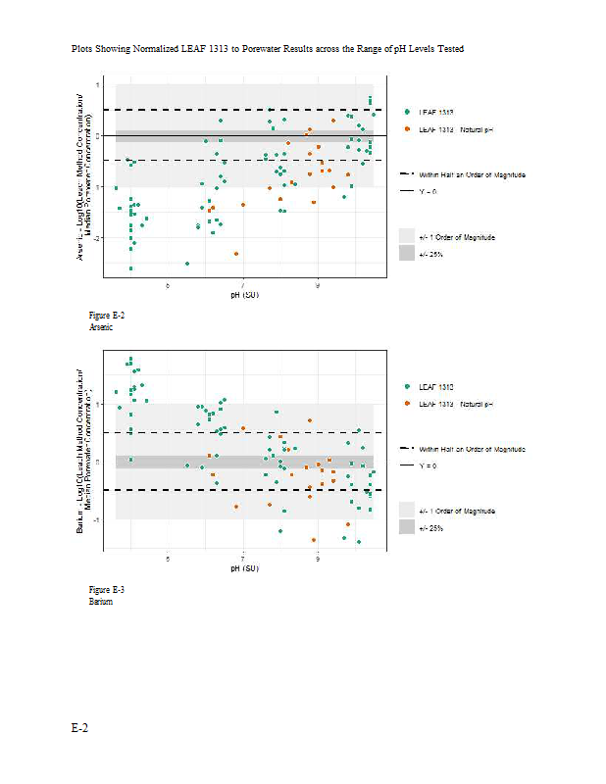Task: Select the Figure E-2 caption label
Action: click(x=107, y=316)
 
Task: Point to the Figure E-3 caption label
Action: click(x=107, y=589)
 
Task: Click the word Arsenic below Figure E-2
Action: click(x=102, y=327)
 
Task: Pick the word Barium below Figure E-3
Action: click(x=101, y=601)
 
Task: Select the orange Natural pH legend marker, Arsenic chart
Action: click(x=407, y=129)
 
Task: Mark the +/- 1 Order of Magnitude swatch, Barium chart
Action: click(x=407, y=511)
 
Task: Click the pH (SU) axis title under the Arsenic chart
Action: click(x=243, y=293)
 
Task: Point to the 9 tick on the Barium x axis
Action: click(x=318, y=559)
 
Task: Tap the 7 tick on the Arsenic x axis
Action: click(x=243, y=284)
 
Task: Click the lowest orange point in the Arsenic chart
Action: click(x=236, y=254)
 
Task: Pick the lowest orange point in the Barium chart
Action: click(x=314, y=540)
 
